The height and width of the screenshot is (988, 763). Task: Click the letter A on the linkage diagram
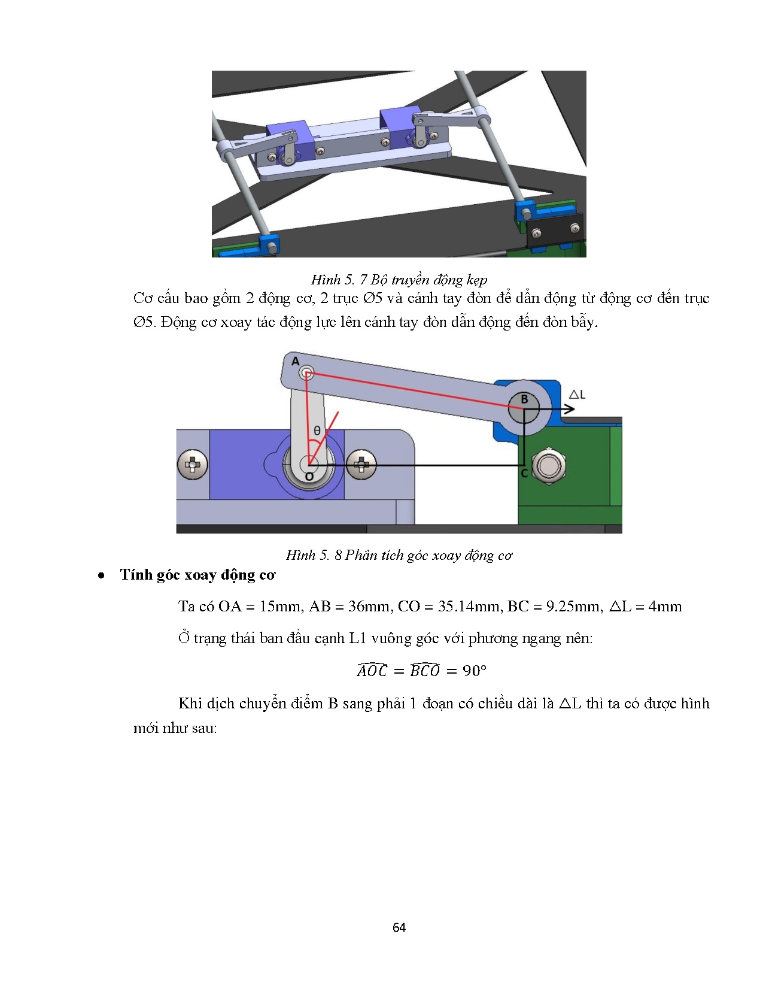[295, 361]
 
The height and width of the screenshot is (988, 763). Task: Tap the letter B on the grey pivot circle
[524, 399]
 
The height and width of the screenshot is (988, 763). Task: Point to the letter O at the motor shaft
[309, 477]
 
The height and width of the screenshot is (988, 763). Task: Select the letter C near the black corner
[524, 473]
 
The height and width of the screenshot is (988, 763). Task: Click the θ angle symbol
[317, 431]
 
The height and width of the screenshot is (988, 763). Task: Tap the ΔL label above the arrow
[577, 394]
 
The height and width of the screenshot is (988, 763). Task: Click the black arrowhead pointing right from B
[569, 409]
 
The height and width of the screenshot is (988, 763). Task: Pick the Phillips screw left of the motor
[193, 464]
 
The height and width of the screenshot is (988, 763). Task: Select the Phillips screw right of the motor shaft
[361, 464]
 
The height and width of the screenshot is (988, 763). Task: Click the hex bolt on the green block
[549, 465]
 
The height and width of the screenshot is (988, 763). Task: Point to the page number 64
[399, 928]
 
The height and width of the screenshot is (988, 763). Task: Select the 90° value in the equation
[474, 671]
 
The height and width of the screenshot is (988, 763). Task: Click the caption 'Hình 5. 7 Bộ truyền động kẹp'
[399, 280]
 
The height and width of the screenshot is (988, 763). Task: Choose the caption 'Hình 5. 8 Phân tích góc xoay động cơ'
[399, 555]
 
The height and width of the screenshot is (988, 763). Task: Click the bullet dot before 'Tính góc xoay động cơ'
[102, 575]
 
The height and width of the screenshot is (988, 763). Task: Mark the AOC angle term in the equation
[372, 670]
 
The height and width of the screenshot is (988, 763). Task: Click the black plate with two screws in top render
[555, 231]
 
